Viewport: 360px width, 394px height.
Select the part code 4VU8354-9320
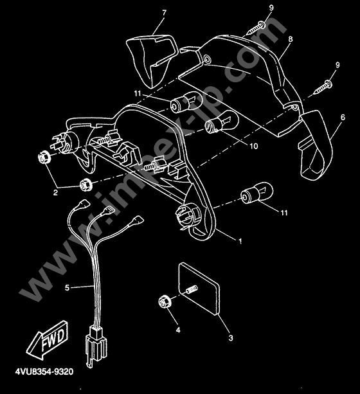pyautogui.click(x=44, y=372)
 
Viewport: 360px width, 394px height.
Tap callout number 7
pyautogui.click(x=165, y=13)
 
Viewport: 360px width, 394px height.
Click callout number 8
pyautogui.click(x=291, y=39)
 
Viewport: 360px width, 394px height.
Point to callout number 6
pyautogui.click(x=343, y=117)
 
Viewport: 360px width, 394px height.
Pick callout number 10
pyautogui.click(x=254, y=146)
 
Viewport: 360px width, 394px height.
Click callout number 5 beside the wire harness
pyautogui.click(x=67, y=287)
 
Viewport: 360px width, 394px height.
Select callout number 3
pyautogui.click(x=231, y=337)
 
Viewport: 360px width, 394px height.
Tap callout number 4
pyautogui.click(x=178, y=330)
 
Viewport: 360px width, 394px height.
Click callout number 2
pyautogui.click(x=55, y=192)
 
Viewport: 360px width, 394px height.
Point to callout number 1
pyautogui.click(x=240, y=241)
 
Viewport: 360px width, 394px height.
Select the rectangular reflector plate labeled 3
pyautogui.click(x=199, y=289)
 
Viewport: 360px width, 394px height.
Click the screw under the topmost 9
pyautogui.click(x=256, y=29)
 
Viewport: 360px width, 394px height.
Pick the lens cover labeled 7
pyautogui.click(x=151, y=60)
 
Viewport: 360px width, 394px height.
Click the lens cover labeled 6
pyautogui.click(x=316, y=145)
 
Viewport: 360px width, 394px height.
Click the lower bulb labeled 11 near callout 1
pyautogui.click(x=256, y=193)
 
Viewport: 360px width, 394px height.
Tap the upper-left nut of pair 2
pyautogui.click(x=44, y=157)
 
